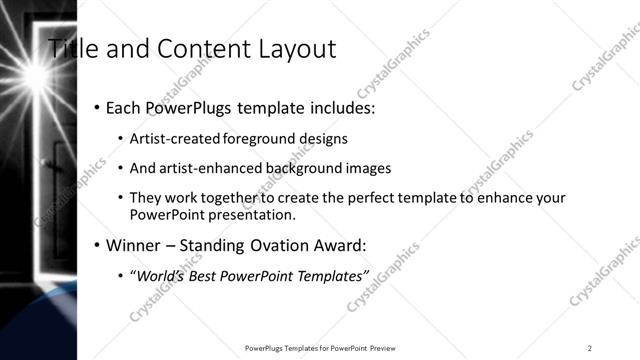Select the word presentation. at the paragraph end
253,214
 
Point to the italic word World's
157,275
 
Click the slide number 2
590,348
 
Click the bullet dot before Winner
97,245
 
